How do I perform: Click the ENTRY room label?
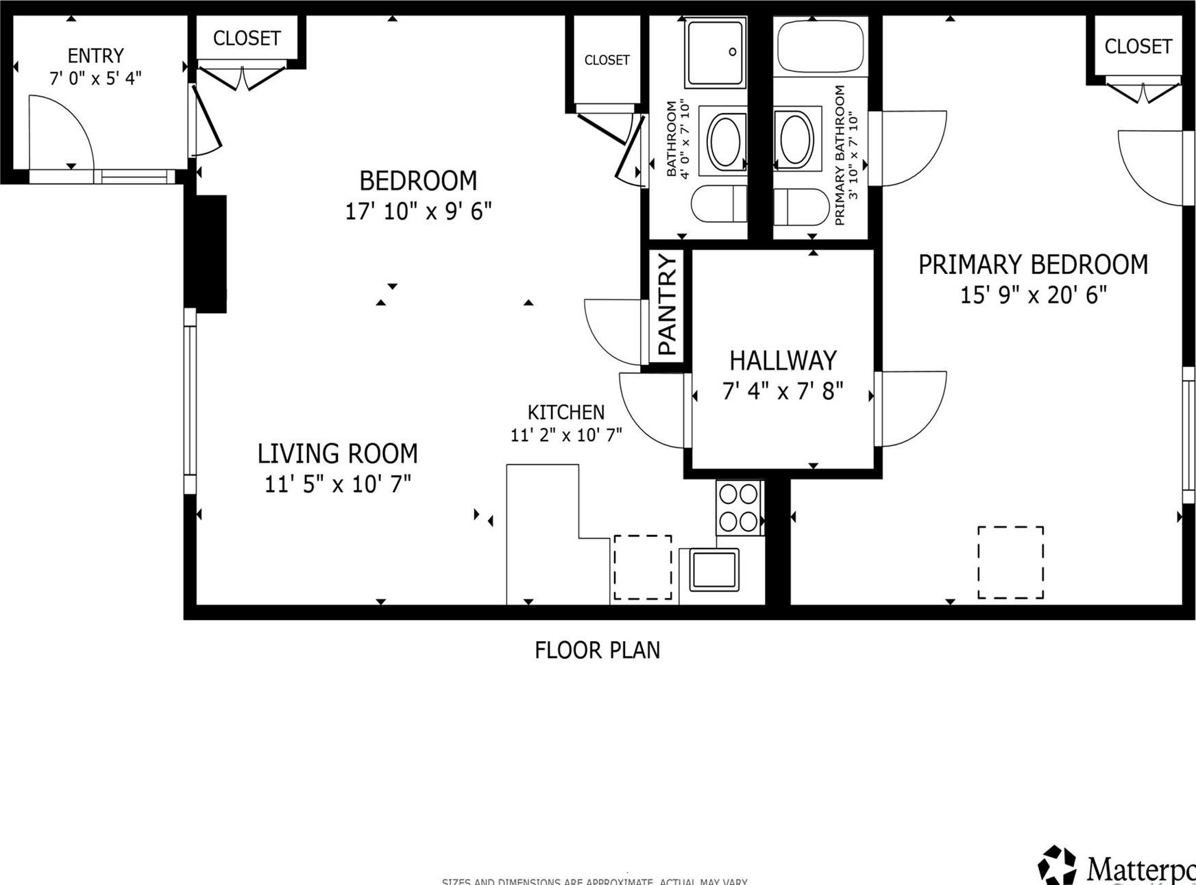point(95,55)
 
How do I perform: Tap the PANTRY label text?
point(667,305)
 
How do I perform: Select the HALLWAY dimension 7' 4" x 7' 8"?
point(782,391)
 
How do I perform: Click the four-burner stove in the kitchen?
point(739,508)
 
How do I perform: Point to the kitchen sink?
point(713,569)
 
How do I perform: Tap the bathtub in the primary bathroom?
point(820,47)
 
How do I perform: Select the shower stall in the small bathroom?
point(715,53)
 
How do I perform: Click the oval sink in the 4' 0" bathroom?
point(725,142)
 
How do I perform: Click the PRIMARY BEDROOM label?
point(1032,265)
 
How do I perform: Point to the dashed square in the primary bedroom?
point(1010,562)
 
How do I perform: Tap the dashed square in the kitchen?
point(642,567)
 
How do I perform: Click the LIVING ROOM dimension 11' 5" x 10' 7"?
point(337,484)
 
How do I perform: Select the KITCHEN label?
point(565,412)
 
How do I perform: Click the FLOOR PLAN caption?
point(597,650)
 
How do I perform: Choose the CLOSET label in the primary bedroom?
point(1138,47)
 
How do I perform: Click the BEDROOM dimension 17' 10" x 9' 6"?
point(417,211)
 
